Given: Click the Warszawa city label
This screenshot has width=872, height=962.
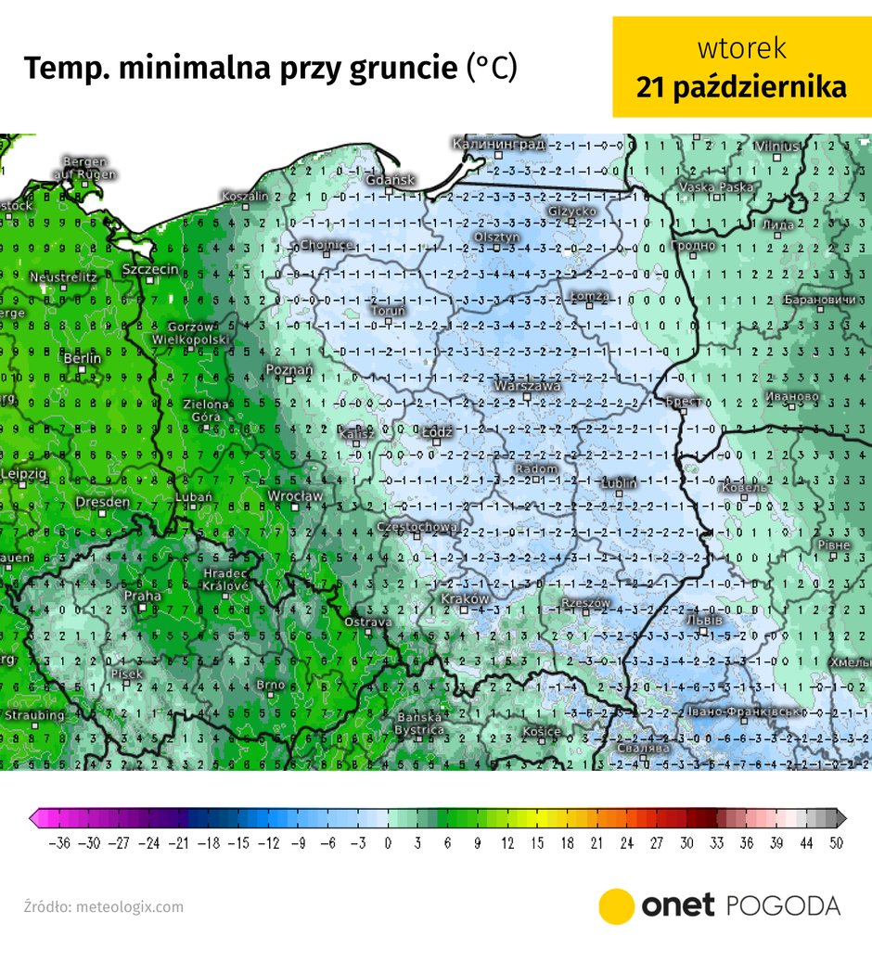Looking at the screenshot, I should click(x=528, y=385).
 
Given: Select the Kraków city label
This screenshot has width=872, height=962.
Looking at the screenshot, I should click(x=465, y=599).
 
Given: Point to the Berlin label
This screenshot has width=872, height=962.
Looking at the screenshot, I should click(x=82, y=358).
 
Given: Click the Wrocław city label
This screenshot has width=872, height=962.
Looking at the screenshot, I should click(x=294, y=496).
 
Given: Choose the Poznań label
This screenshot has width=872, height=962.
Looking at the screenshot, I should click(x=289, y=370).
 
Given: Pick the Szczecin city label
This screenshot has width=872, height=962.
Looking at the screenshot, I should click(x=150, y=269).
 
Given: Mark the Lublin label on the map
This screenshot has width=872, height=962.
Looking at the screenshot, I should click(x=618, y=483).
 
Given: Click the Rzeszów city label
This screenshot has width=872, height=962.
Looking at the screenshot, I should click(x=586, y=603).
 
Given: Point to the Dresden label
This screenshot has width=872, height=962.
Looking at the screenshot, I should click(x=102, y=502).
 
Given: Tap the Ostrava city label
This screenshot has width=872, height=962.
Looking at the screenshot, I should click(x=367, y=622).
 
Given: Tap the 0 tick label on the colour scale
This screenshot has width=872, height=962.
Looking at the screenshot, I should click(x=388, y=843).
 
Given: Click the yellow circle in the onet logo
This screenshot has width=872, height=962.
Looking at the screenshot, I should click(x=616, y=905).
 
